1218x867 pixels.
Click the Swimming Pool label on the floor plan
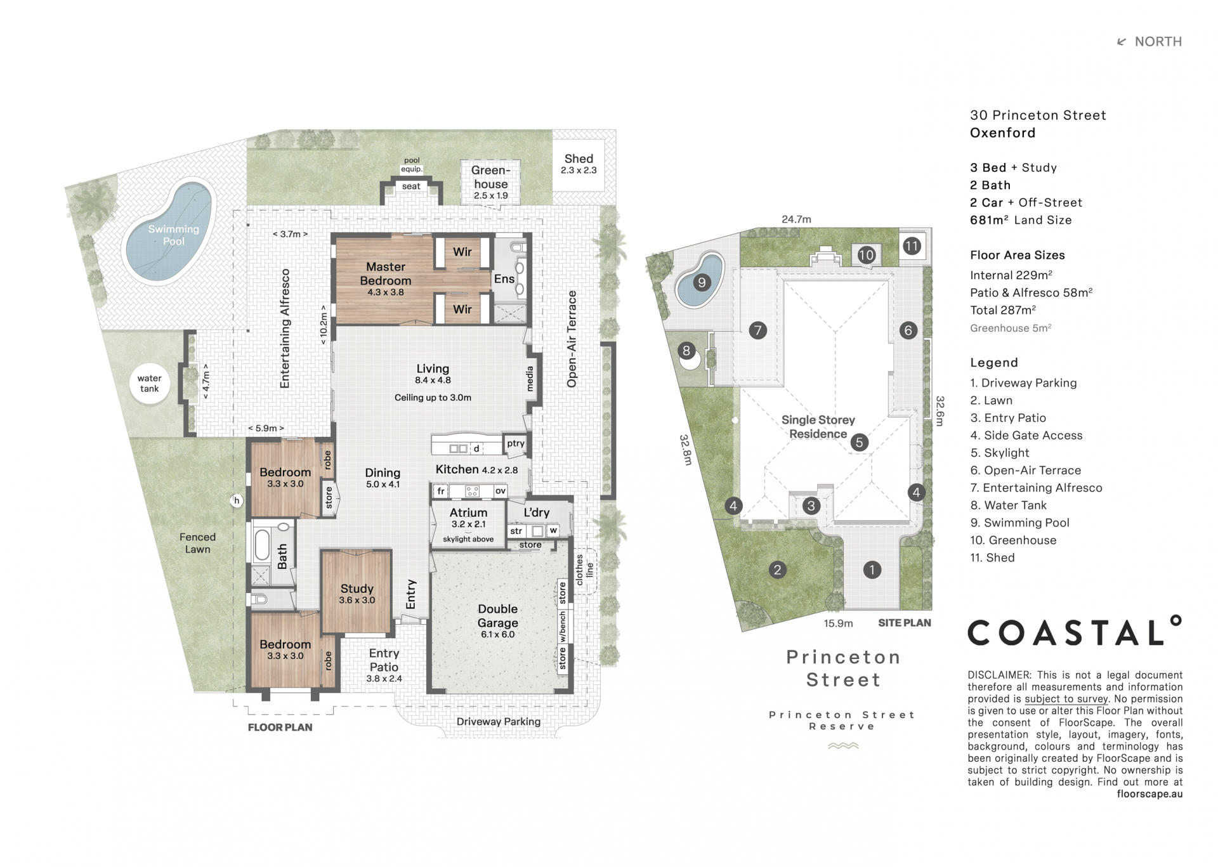click(x=173, y=235)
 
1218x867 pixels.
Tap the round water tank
click(x=150, y=383)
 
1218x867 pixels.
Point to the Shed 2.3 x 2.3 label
click(x=579, y=163)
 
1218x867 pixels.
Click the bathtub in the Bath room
click(x=262, y=545)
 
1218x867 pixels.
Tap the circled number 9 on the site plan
click(x=701, y=282)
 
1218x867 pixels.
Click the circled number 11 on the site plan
click(x=912, y=245)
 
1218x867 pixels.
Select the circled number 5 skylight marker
click(x=860, y=442)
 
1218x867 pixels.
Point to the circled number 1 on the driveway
click(x=872, y=570)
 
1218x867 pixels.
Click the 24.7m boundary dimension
click(x=796, y=219)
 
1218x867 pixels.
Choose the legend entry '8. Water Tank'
click(x=1008, y=505)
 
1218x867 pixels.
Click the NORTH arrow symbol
click(x=1122, y=42)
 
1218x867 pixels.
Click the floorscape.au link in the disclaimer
click(x=1149, y=794)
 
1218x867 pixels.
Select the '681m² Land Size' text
click(x=1021, y=220)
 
